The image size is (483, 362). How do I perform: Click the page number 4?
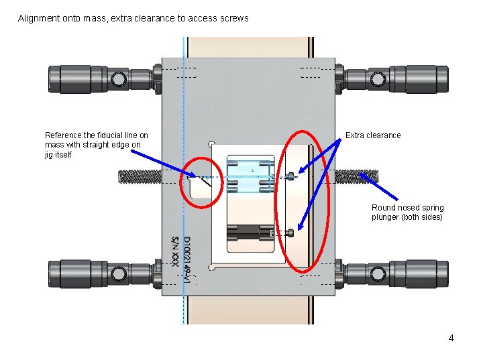coord(451,338)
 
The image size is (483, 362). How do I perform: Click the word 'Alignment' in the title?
coord(39,18)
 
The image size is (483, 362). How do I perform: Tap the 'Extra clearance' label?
coord(373,135)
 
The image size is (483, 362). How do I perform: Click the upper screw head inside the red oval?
coord(291,177)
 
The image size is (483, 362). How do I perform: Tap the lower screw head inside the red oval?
coord(291,233)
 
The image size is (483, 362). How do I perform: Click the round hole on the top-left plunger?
coord(119,80)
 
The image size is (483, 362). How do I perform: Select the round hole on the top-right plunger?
coord(378,80)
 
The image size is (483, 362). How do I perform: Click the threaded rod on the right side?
coord(356,176)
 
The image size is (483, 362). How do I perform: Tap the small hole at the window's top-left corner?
coord(211,143)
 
